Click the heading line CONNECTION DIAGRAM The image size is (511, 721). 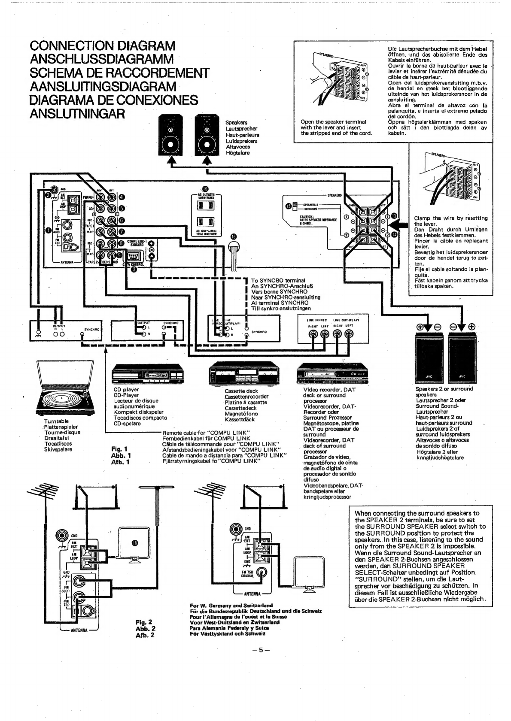pyautogui.click(x=103, y=45)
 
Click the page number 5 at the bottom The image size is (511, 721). pyautogui.click(x=260, y=649)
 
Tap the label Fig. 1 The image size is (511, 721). pyautogui.click(x=121, y=449)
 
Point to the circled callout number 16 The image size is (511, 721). pyautogui.click(x=234, y=237)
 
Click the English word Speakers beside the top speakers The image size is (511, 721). pyautogui.click(x=236, y=123)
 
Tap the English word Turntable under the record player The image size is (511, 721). pyautogui.click(x=56, y=421)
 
